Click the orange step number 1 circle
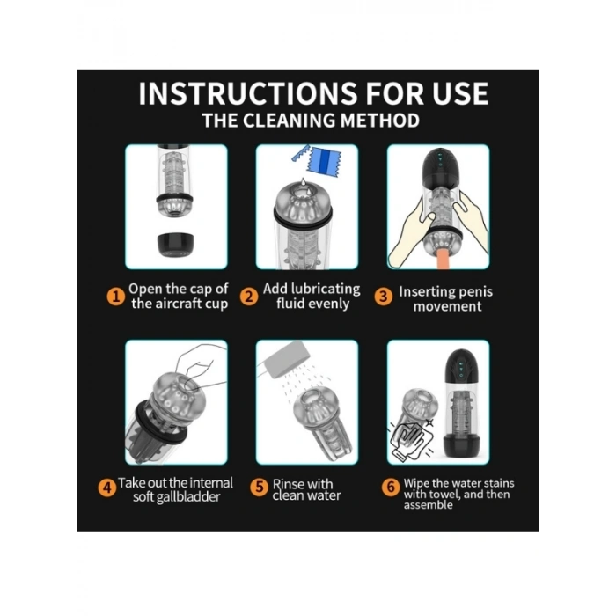tap(116, 297)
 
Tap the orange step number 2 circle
tap(249, 297)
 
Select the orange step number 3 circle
tap(384, 297)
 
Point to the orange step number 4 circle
tap(106, 488)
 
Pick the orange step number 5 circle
tap(260, 488)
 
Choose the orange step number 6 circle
tap(391, 488)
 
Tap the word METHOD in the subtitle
tap(380, 121)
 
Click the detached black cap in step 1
tap(175, 245)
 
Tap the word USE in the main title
tap(460, 94)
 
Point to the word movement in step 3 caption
tap(447, 306)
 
